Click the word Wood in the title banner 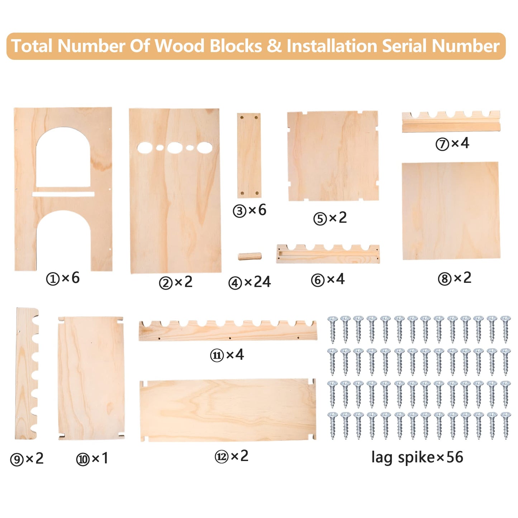point(179,46)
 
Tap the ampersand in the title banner point(275,46)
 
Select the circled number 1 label point(53,279)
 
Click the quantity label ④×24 point(250,282)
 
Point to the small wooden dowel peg point(250,256)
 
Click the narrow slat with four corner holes point(249,155)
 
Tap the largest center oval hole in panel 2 point(175,148)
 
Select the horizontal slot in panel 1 point(63,194)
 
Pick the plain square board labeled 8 point(451,211)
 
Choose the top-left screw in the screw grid point(333,329)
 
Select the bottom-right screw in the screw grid point(505,426)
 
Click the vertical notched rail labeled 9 point(26,374)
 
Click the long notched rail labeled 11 point(228,331)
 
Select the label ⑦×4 point(452,143)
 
